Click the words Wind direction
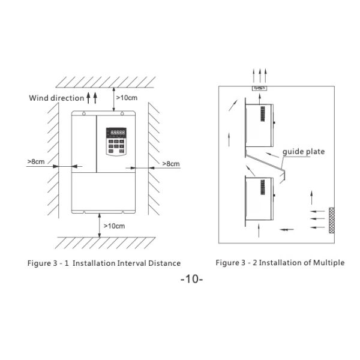click(56, 98)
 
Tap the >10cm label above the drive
click(127, 98)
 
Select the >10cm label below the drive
click(114, 226)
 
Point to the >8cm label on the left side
click(36, 161)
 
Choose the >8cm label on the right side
click(171, 164)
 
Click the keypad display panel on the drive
click(116, 142)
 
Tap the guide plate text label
click(304, 152)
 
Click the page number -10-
click(192, 279)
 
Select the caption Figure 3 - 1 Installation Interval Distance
click(104, 263)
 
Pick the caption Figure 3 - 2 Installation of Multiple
click(280, 263)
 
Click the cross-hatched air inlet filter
click(332, 220)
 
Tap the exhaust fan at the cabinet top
click(259, 88)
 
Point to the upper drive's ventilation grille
click(263, 114)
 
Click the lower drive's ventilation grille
click(263, 187)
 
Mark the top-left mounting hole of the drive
click(84, 113)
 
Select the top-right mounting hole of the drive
click(122, 113)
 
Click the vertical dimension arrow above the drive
click(113, 99)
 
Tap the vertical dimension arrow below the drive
click(100, 225)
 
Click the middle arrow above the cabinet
click(260, 76)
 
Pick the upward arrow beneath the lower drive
click(259, 231)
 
